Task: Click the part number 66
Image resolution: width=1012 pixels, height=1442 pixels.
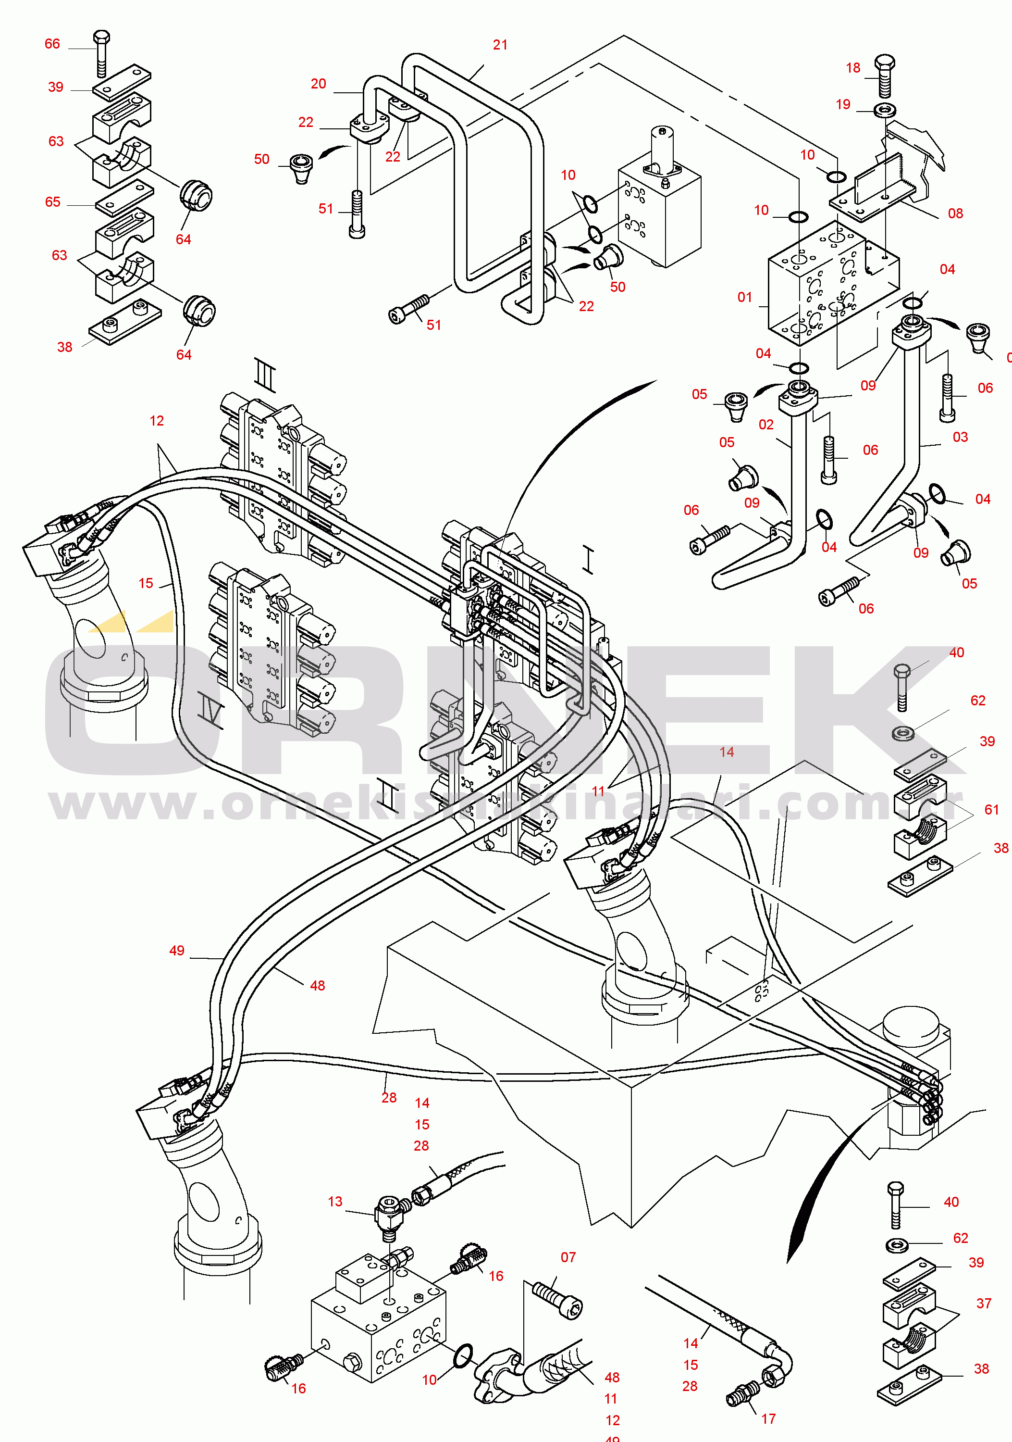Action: click(x=52, y=44)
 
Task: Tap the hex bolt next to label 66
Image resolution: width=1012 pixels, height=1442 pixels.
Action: click(x=101, y=53)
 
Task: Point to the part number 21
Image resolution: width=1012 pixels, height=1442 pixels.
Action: click(x=500, y=45)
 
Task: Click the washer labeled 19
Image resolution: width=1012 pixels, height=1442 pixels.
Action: click(x=885, y=111)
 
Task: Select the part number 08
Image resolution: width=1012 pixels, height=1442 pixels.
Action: click(x=955, y=213)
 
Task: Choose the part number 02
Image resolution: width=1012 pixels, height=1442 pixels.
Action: click(x=766, y=425)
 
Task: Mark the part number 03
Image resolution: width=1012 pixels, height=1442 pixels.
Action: click(x=960, y=437)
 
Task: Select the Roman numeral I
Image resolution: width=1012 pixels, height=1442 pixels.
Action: click(x=588, y=559)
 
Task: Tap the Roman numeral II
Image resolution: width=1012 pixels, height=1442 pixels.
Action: click(x=387, y=794)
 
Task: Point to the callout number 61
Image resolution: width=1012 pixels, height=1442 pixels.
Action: click(x=991, y=810)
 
